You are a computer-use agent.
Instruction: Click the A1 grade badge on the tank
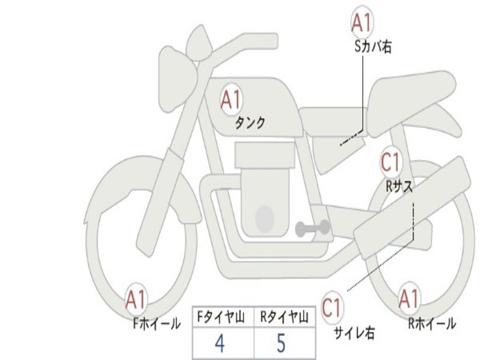[231, 100]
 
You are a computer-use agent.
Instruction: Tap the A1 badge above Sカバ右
[362, 22]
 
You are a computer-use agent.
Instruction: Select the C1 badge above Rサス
[390, 162]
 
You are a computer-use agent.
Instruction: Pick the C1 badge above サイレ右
[332, 308]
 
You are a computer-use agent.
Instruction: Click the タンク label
[250, 123]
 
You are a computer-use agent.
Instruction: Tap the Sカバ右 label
[373, 47]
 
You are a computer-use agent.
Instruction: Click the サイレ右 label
[354, 333]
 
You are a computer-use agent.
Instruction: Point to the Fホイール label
[157, 324]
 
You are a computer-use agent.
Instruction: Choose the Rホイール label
[432, 323]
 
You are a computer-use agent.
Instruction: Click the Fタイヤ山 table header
[221, 317]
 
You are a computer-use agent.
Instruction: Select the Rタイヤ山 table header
[285, 317]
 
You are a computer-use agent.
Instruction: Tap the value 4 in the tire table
[220, 343]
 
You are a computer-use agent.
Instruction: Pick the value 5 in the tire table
[281, 343]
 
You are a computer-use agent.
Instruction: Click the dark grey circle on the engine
[265, 218]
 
